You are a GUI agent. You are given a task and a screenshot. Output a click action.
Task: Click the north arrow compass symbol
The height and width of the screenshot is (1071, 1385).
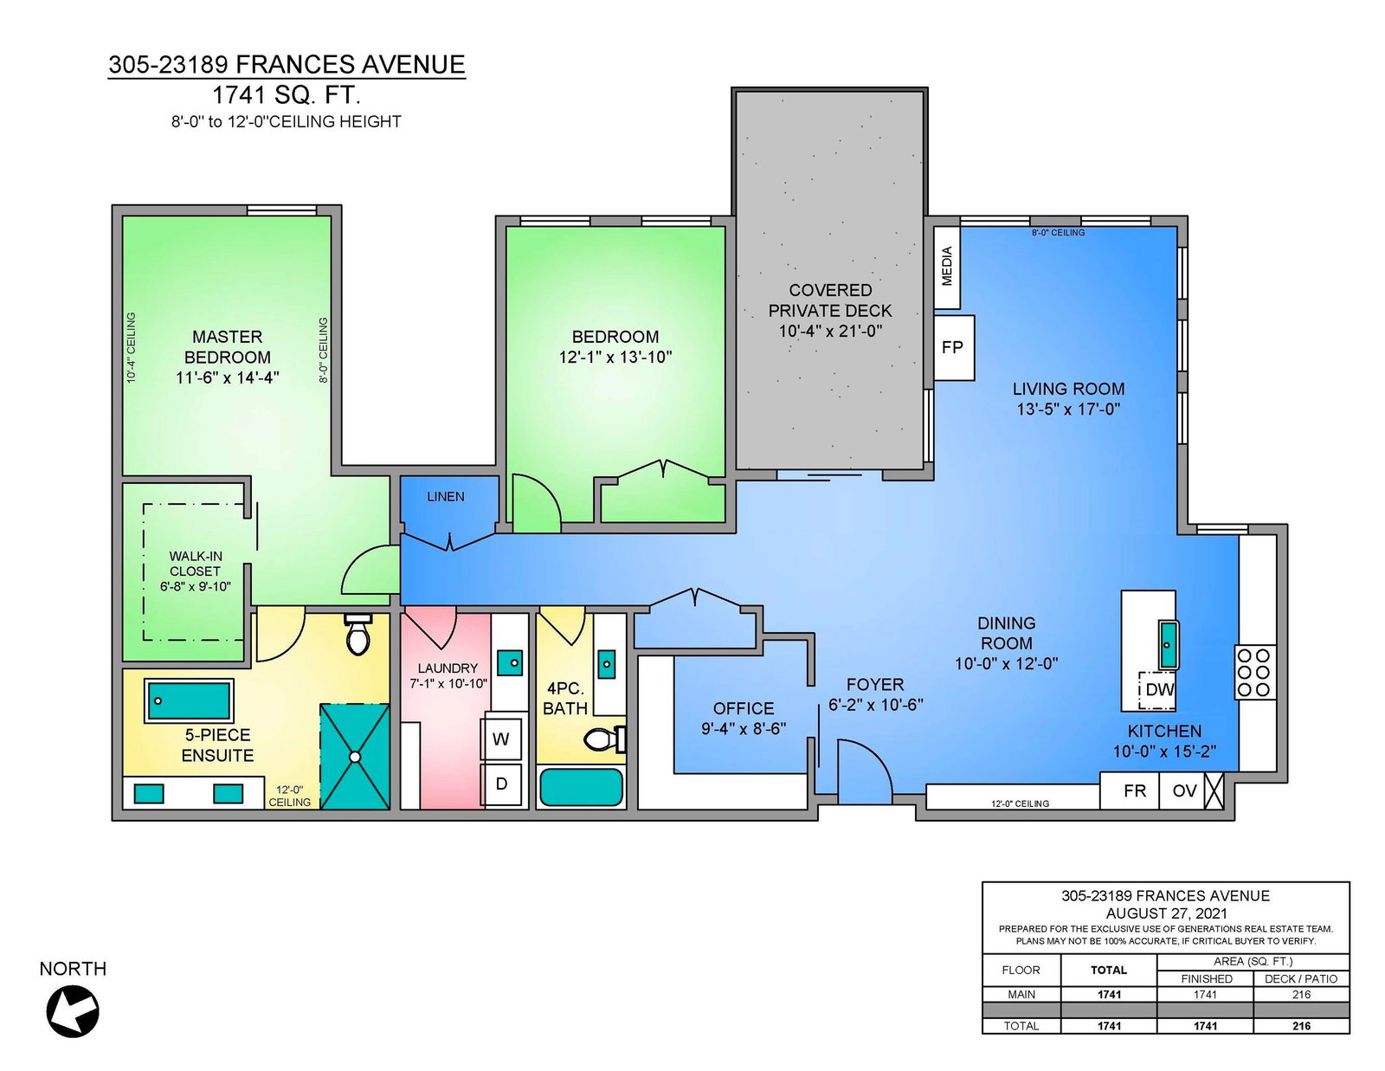[73, 1011]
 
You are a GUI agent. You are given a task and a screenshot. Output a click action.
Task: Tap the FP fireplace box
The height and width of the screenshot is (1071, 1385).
[954, 347]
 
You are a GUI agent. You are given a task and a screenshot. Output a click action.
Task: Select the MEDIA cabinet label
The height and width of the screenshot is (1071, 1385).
[946, 266]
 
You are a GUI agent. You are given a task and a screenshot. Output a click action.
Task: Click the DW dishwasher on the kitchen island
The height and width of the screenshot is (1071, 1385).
[1158, 690]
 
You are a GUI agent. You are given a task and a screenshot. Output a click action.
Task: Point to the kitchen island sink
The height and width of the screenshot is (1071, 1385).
[1167, 644]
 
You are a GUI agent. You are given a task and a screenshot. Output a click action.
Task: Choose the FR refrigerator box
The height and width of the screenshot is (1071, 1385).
[1135, 790]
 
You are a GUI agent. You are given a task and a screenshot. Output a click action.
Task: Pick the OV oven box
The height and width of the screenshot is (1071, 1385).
[1183, 790]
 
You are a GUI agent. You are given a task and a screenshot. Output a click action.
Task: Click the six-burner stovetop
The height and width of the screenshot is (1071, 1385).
[1255, 672]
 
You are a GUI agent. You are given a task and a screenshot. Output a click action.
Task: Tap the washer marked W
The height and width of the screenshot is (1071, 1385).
[501, 739]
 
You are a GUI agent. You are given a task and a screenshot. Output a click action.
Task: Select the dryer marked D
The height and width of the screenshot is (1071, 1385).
[501, 784]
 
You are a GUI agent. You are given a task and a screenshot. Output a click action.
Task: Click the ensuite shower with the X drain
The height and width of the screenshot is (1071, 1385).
[354, 756]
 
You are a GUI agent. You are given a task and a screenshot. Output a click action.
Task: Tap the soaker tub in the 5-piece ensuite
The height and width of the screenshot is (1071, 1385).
[190, 700]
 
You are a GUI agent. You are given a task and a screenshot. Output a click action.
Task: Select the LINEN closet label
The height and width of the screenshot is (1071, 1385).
[446, 497]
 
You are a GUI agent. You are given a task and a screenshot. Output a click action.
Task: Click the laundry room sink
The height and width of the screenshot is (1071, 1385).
[511, 662]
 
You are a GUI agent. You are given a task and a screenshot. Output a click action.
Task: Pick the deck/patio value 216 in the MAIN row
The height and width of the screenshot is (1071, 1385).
[1301, 995]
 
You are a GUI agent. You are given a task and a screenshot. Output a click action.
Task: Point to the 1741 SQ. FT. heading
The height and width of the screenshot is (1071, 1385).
[287, 95]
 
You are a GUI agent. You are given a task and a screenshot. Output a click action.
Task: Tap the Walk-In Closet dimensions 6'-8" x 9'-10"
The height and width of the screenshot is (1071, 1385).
[195, 586]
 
